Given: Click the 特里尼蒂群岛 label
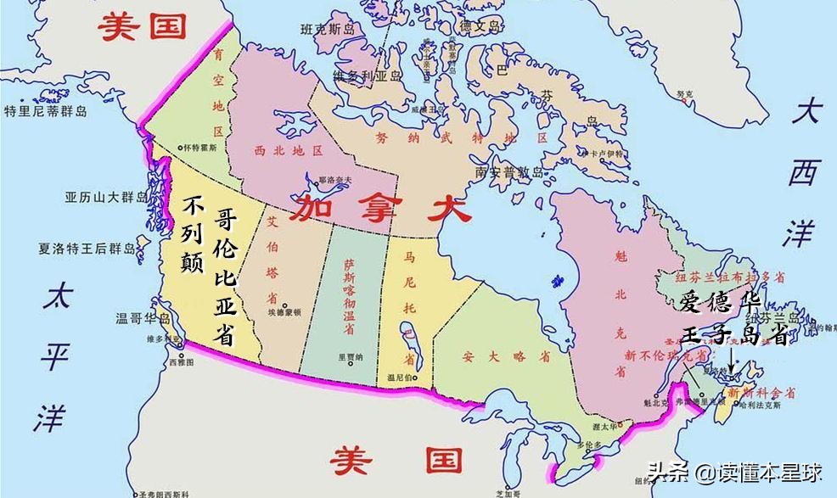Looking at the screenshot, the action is tap(46, 111).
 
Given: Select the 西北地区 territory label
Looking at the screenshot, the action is tap(289, 150).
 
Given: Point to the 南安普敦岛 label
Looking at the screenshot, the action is tap(511, 171).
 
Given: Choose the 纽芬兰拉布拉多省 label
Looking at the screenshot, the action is tap(724, 277).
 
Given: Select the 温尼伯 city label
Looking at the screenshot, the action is tap(401, 378).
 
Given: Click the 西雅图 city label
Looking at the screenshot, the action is tap(181, 361).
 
